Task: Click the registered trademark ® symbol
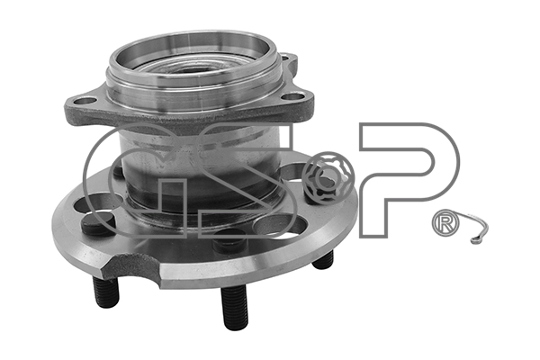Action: pos(445,223)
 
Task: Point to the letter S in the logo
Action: pos(247,179)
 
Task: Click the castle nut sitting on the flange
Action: pos(329,179)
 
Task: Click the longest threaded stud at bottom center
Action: pos(235,307)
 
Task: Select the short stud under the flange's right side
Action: pos(323,260)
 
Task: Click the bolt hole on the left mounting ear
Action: pos(85,102)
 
